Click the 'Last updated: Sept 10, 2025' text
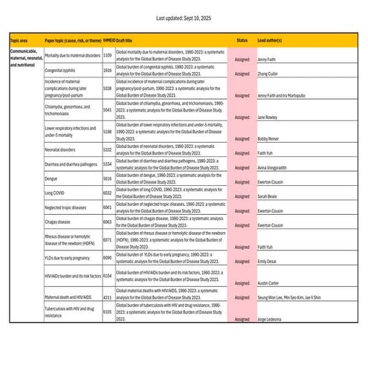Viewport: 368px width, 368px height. pyautogui.click(x=184, y=16)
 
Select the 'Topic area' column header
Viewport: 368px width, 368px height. pyautogui.click(x=19, y=40)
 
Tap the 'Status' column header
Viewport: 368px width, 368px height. pyautogui.click(x=242, y=40)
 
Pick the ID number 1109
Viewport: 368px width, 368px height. pyautogui.click(x=107, y=56)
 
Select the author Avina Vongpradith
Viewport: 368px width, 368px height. pyautogui.click(x=276, y=167)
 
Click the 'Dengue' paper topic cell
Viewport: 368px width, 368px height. pyautogui.click(x=53, y=179)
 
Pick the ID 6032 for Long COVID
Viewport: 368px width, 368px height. pyautogui.click(x=107, y=193)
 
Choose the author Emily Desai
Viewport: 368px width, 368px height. pyautogui.click(x=269, y=261)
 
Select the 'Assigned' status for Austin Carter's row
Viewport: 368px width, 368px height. pyautogui.click(x=242, y=284)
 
